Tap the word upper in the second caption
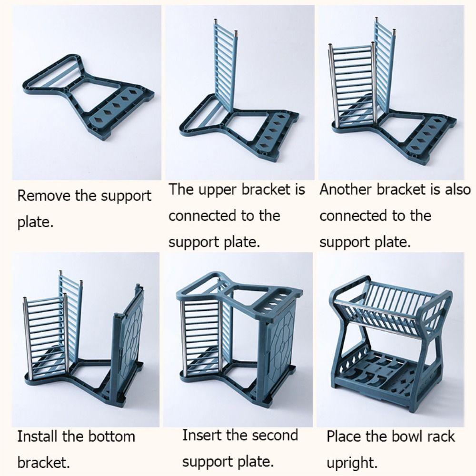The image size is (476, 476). (213, 189)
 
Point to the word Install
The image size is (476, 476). (39, 436)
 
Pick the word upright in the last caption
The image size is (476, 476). (351, 462)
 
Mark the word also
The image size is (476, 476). (457, 189)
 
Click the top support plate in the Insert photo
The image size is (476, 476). (238, 290)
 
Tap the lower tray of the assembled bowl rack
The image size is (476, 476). (381, 376)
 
